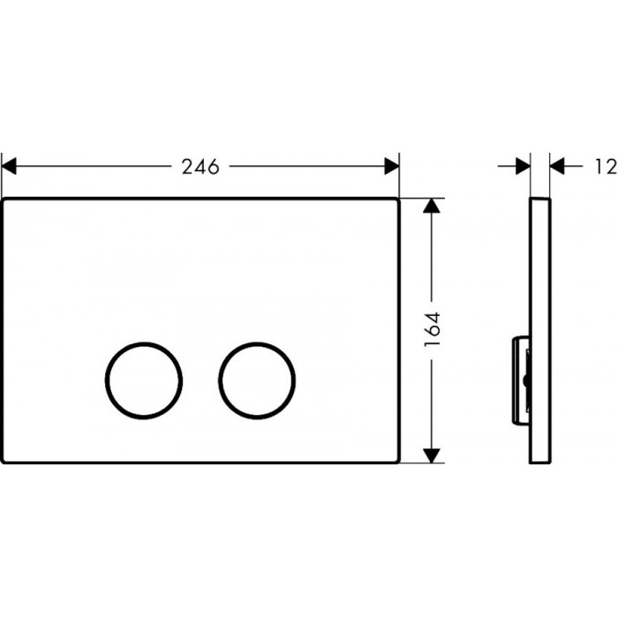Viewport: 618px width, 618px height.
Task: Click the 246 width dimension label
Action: (200, 167)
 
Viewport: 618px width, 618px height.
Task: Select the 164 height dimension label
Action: (433, 329)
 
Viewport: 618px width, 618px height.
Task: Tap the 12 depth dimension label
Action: (607, 166)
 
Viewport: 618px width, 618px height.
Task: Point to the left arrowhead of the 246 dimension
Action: (9, 166)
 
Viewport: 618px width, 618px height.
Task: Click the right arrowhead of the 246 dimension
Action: (392, 166)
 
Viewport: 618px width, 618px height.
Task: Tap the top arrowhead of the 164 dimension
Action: (432, 206)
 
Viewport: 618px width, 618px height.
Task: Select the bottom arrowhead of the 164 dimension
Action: (432, 456)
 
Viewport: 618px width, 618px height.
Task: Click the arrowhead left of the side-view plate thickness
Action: (523, 166)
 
